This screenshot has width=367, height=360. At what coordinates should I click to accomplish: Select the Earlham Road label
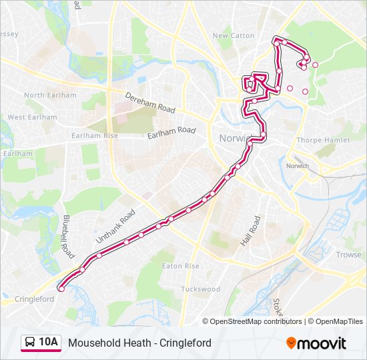pos(171,131)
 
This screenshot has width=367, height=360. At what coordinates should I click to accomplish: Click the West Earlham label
pos(33,117)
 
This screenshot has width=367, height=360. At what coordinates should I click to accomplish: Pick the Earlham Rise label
pos(95,135)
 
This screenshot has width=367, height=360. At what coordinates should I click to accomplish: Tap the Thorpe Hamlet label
pos(318,141)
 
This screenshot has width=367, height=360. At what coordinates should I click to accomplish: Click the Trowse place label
pos(348,255)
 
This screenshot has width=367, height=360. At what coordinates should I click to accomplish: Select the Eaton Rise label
pos(181,266)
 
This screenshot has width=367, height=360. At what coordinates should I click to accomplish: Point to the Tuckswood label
pos(200,289)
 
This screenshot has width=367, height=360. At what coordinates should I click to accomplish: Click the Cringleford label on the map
pos(34,299)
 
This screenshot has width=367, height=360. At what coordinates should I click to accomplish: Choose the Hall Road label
pos(251,231)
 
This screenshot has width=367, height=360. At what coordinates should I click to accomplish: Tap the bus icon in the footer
pos(31,343)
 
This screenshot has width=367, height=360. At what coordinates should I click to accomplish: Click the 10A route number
pos(49,343)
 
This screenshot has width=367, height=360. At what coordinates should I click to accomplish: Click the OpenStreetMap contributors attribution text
pos(256,321)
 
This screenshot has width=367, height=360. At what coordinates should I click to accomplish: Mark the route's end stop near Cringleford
pos(61,289)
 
